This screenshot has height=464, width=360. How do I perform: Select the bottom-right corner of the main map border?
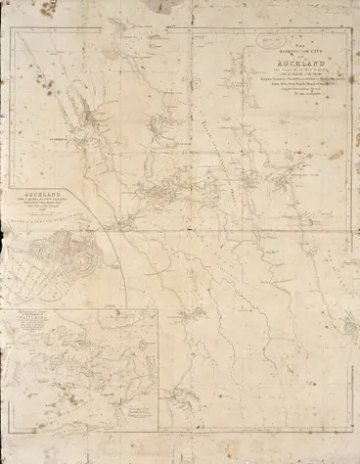(349, 432)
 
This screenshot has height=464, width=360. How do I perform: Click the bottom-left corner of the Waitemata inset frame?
(13, 432)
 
